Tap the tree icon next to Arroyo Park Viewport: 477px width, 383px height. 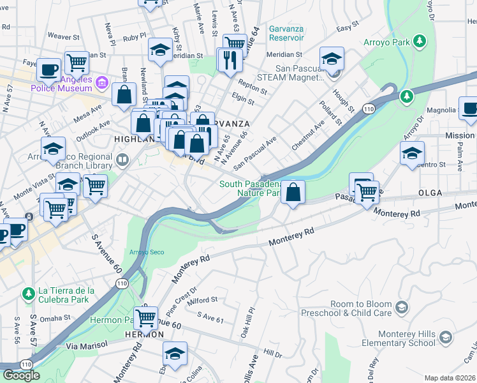420,41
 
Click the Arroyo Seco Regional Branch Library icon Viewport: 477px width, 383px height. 122,158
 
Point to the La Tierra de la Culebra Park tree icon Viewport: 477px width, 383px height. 27,294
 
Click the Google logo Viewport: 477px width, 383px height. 21,375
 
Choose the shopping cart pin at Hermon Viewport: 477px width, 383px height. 147,317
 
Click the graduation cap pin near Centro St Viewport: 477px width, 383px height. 413,153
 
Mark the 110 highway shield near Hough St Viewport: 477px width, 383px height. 369,109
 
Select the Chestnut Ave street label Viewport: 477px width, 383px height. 310,134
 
